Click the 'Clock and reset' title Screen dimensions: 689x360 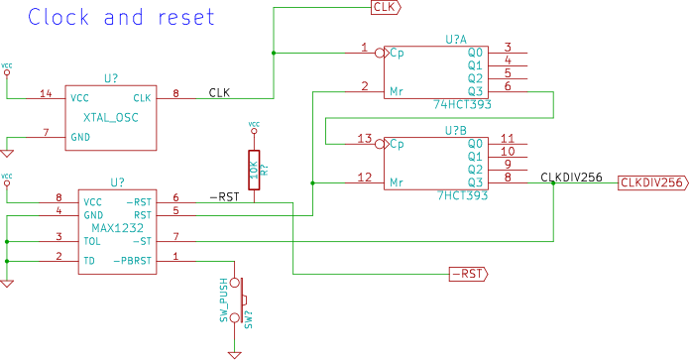click(121, 17)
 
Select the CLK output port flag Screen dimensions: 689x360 click(386, 8)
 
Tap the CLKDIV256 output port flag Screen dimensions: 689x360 click(653, 182)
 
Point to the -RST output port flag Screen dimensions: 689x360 click(468, 274)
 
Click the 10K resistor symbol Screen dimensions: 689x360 click(254, 171)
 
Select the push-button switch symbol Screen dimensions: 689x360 click(237, 300)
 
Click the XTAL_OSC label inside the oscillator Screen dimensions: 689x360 click(111, 118)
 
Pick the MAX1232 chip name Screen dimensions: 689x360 click(117, 228)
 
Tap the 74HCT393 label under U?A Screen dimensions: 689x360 click(462, 104)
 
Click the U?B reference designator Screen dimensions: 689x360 click(456, 131)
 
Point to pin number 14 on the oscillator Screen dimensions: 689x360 click(46, 93)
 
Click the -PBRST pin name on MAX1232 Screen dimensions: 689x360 click(132, 261)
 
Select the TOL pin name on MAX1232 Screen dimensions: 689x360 click(92, 241)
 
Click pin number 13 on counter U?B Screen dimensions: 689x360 click(365, 139)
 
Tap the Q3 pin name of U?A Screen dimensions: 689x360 click(476, 91)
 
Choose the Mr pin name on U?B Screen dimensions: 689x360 click(397, 182)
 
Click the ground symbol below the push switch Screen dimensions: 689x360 click(235, 355)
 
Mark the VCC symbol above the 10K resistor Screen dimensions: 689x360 click(254, 127)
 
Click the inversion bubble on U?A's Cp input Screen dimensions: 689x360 click(380, 54)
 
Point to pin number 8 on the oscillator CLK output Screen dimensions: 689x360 click(175, 93)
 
